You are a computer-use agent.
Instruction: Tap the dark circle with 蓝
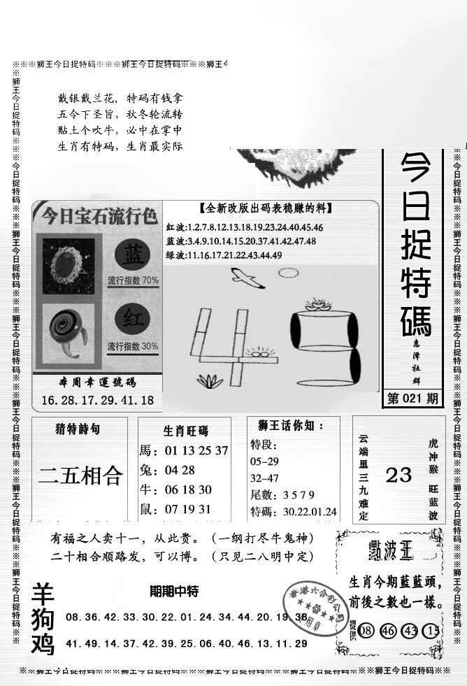(x=131, y=255)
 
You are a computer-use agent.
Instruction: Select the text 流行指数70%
(x=133, y=281)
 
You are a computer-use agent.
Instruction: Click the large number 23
(x=398, y=476)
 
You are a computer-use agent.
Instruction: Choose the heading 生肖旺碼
(x=185, y=431)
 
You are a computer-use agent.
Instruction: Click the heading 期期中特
(x=174, y=592)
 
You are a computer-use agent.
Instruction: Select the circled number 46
(x=389, y=630)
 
